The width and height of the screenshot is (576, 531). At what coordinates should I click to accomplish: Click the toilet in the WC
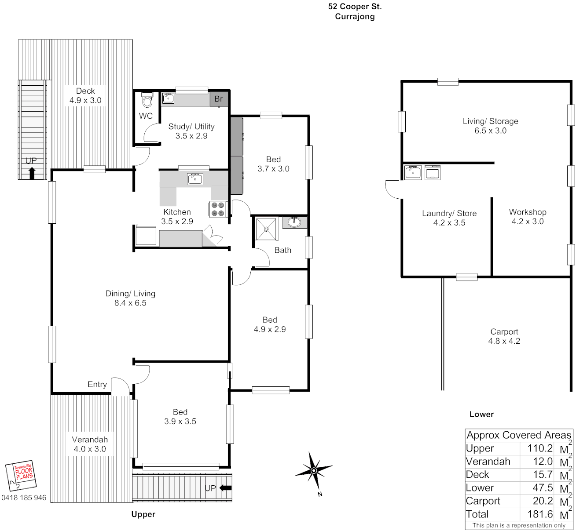(x=147, y=100)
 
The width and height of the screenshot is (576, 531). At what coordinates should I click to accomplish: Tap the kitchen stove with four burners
(x=218, y=209)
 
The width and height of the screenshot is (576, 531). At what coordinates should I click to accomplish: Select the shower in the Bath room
(x=266, y=229)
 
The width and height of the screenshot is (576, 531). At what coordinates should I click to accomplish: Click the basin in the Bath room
(x=294, y=222)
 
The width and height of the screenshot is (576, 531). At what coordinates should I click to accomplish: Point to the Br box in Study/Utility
(x=219, y=99)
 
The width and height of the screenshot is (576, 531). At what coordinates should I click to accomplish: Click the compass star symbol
(x=314, y=470)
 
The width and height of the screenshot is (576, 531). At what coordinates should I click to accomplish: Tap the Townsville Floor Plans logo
(x=21, y=476)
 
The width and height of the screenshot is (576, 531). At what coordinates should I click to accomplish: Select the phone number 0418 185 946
(x=24, y=498)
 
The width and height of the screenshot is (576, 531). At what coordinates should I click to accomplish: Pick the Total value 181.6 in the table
(x=540, y=514)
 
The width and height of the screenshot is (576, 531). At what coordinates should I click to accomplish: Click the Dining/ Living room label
(x=130, y=294)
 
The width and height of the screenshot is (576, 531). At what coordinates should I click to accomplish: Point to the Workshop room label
(x=528, y=212)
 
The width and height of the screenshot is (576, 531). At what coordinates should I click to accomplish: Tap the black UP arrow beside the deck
(x=32, y=173)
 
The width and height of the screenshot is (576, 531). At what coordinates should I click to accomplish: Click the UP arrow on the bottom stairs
(x=225, y=488)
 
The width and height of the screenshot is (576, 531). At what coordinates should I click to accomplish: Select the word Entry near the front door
(x=97, y=384)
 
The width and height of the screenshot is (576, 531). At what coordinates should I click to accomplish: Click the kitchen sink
(x=195, y=178)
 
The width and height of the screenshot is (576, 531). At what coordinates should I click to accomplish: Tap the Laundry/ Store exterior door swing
(x=393, y=189)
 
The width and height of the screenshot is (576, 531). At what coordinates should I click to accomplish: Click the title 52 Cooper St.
(x=355, y=7)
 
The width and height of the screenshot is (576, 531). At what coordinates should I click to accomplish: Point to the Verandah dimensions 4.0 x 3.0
(x=90, y=449)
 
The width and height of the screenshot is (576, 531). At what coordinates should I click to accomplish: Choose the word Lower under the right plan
(x=481, y=414)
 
